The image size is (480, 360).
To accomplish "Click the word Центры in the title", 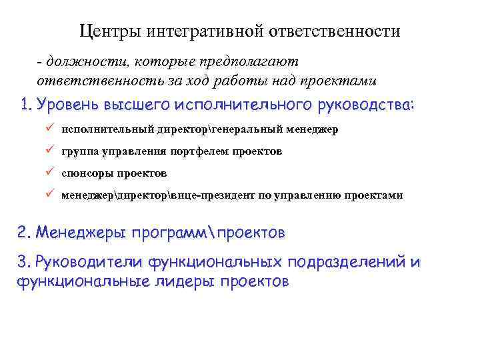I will pos(108,31).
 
